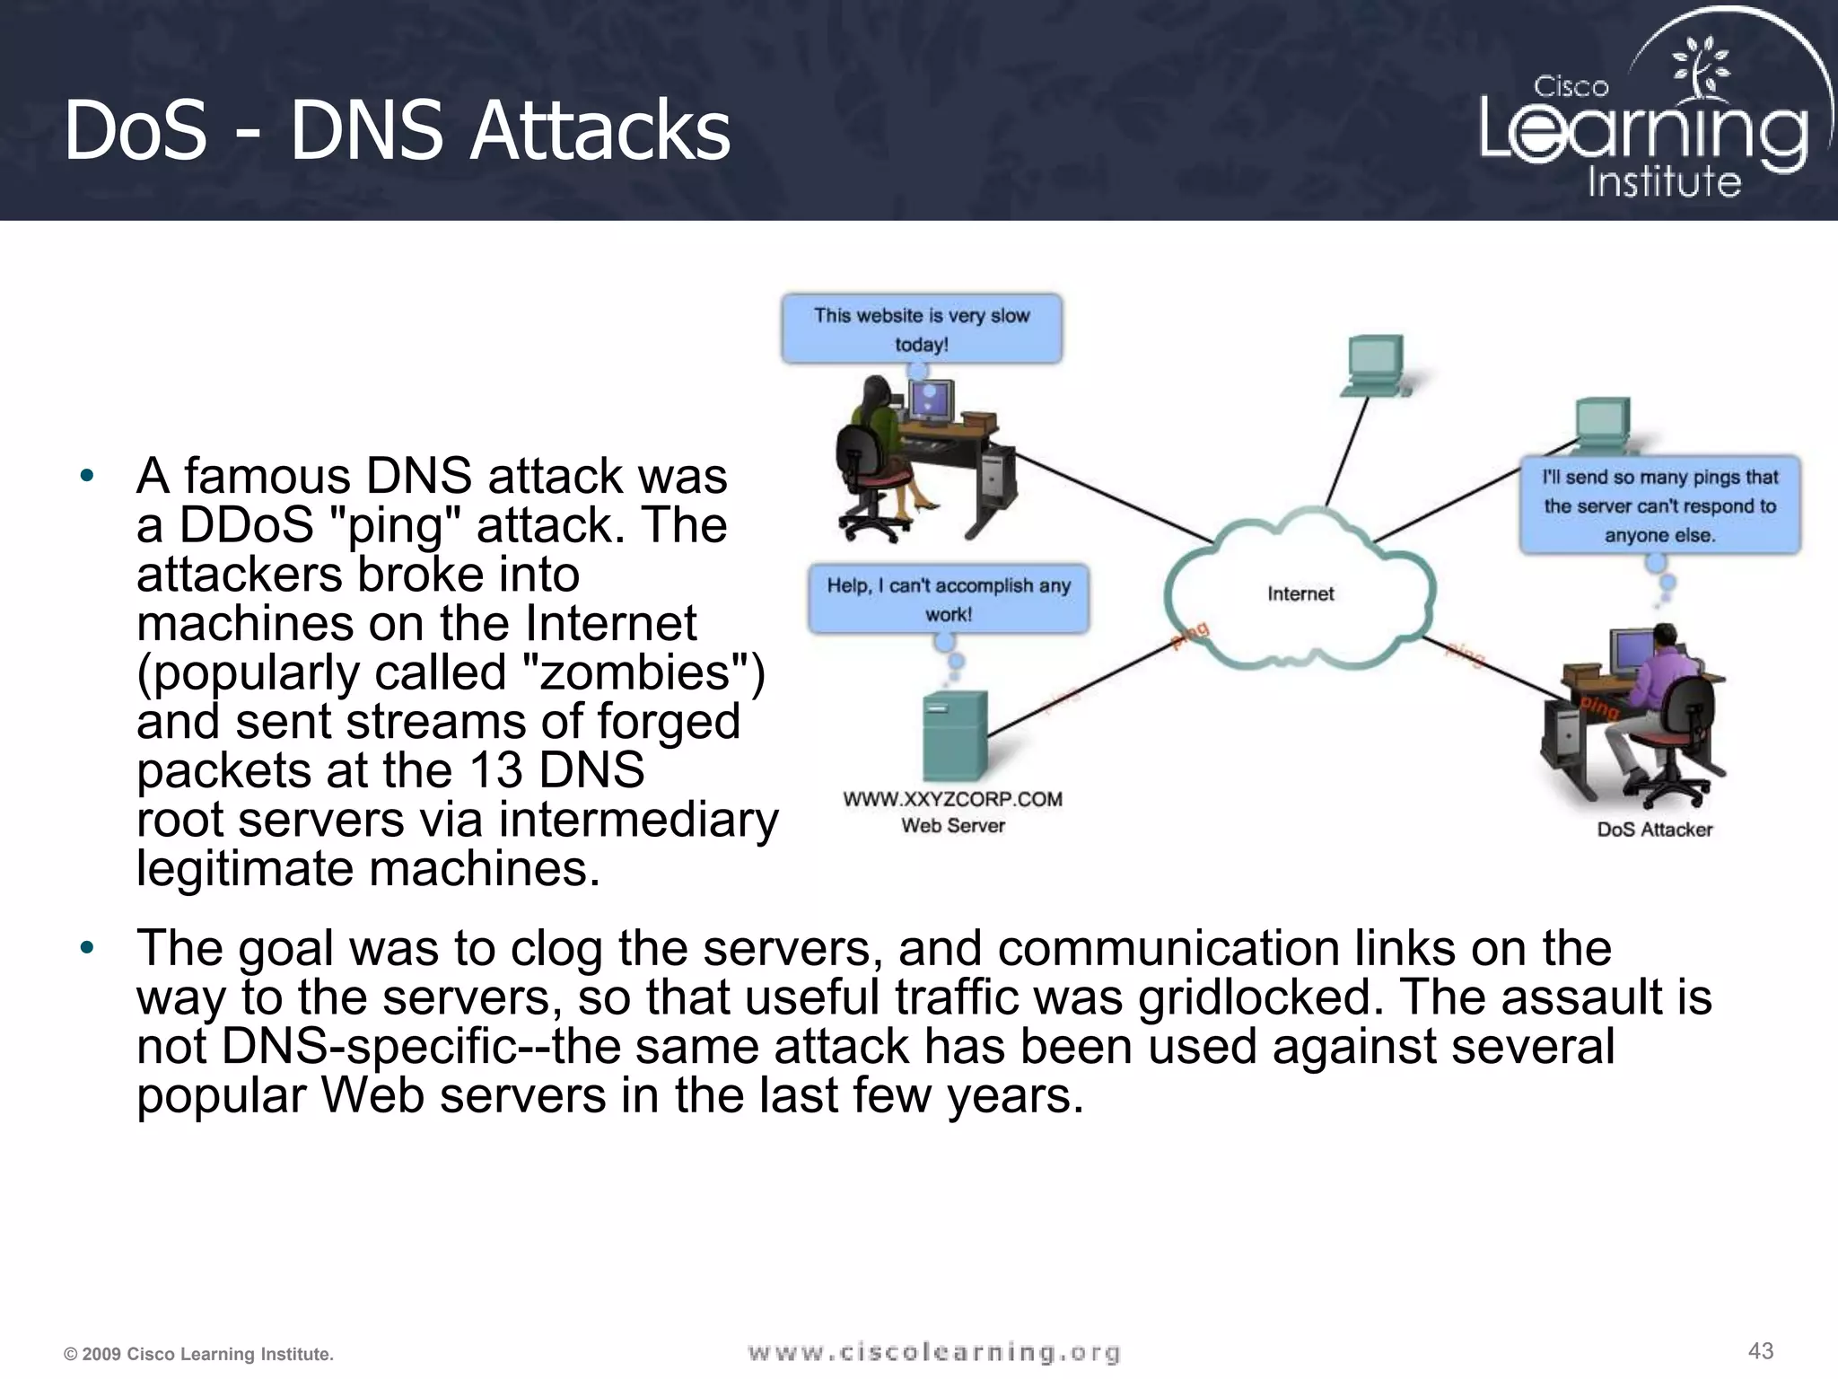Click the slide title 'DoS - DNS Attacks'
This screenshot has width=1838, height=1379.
click(x=397, y=131)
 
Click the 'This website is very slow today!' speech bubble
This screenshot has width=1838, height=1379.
click(x=922, y=329)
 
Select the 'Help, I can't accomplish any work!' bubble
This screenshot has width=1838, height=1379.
click(x=949, y=599)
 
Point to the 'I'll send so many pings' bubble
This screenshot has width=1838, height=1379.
click(x=1659, y=505)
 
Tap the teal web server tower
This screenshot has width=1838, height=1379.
click(x=955, y=736)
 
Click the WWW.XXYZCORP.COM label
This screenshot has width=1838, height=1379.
click(x=952, y=799)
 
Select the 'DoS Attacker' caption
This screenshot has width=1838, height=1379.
click(x=1654, y=830)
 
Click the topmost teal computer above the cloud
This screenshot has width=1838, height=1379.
click(x=1375, y=364)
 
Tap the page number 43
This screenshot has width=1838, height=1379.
click(x=1761, y=1350)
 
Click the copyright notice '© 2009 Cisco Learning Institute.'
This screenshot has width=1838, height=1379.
click(x=198, y=1354)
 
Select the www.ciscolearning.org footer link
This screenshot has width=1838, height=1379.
click(x=933, y=1352)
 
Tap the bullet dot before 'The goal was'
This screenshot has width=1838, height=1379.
click(x=86, y=948)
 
